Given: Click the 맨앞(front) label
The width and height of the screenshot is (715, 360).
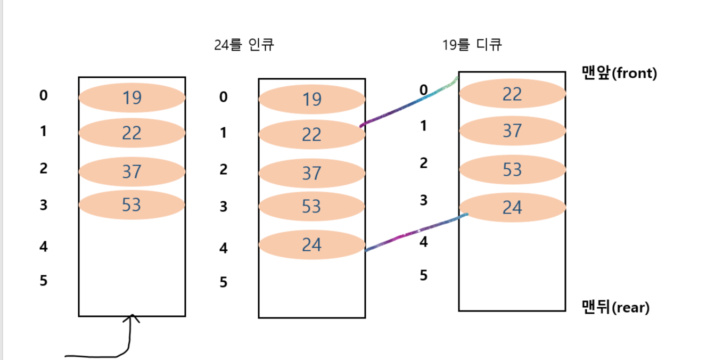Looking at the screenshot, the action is click(619, 73).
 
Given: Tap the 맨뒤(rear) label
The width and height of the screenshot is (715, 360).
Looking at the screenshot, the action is click(615, 307).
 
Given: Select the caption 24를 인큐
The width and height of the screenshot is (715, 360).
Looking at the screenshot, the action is click(244, 45).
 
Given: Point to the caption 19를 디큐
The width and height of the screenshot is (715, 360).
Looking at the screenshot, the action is click(472, 45).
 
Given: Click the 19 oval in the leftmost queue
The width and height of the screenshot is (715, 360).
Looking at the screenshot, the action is click(132, 97).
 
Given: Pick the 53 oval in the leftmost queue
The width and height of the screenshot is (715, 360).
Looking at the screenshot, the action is click(132, 204).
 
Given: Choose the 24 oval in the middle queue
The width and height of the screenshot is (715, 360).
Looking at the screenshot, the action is click(311, 244).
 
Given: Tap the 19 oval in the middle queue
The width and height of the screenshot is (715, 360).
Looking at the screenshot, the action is click(311, 100).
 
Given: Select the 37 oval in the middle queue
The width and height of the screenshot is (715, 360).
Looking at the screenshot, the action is click(311, 173).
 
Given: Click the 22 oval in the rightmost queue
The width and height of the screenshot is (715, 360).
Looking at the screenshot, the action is click(512, 94).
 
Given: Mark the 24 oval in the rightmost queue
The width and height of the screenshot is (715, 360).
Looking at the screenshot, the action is click(512, 207).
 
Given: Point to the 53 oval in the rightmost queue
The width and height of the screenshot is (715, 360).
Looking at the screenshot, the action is click(512, 169).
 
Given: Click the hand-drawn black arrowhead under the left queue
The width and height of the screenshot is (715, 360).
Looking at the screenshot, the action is click(132, 318).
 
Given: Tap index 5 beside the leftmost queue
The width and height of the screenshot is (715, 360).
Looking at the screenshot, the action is click(44, 280).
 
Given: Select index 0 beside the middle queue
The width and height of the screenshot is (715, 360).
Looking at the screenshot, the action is click(223, 97).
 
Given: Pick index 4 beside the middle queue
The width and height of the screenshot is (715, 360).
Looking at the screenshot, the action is click(223, 248).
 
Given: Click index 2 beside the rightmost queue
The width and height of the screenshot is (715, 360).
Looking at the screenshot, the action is click(423, 163).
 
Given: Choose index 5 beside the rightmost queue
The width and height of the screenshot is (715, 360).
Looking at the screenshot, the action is click(423, 275).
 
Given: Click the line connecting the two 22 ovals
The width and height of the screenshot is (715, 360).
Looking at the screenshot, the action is click(407, 104).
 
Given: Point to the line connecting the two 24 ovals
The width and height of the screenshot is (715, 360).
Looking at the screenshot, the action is click(415, 232).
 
